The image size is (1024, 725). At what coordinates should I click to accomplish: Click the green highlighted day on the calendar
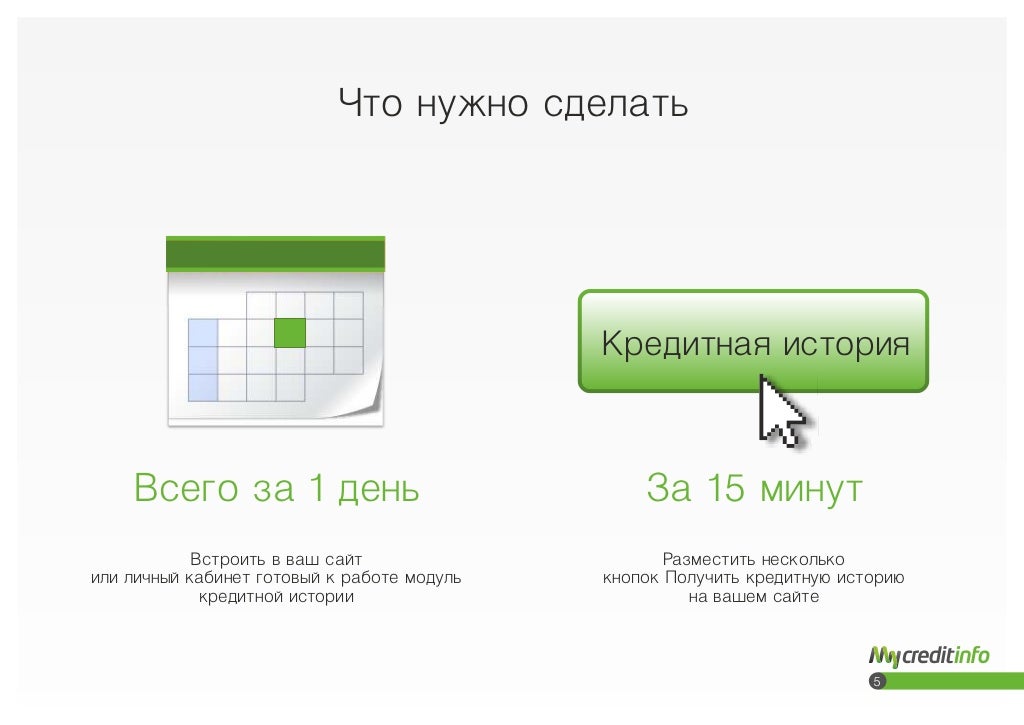290,332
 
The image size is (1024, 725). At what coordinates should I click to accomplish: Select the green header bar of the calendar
275,254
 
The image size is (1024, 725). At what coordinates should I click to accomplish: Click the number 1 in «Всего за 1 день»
316,489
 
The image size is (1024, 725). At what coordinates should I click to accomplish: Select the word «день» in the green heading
379,489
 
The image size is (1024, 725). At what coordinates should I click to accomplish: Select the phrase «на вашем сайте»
754,598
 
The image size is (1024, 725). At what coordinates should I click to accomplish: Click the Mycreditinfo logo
929,656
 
